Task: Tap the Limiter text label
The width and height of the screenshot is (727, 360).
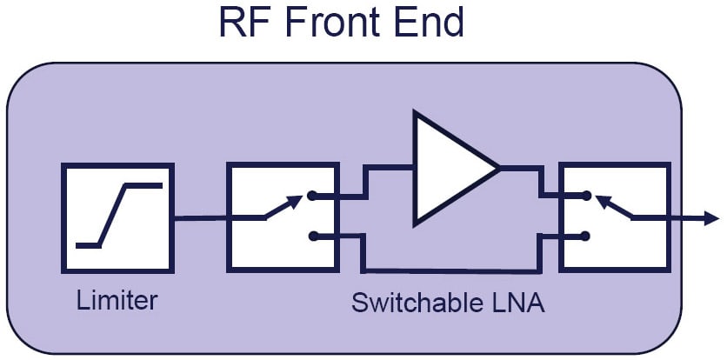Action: (117, 301)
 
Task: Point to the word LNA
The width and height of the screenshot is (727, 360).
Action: (519, 303)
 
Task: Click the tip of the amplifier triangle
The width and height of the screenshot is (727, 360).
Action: (497, 168)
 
